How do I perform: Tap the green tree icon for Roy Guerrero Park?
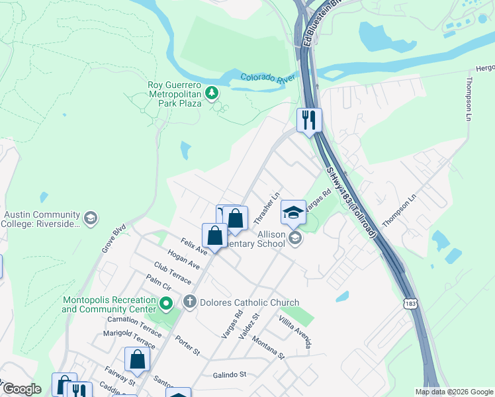212,93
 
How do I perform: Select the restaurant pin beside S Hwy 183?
309,120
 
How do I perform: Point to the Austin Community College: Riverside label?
41,219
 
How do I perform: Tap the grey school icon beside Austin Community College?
91,217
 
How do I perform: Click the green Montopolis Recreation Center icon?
166,304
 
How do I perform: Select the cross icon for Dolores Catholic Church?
190,303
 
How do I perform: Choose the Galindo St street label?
229,375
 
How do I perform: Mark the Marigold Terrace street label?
128,337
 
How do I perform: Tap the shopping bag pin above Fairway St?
138,360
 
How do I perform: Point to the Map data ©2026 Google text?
453,392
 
